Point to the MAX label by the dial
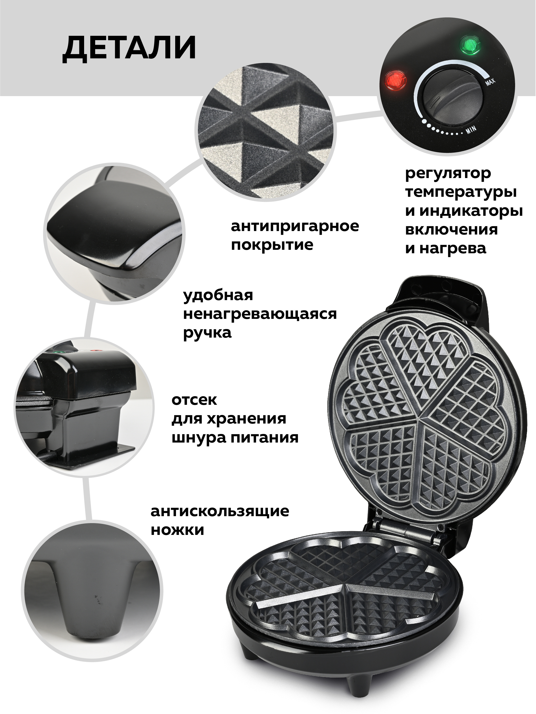[490, 82]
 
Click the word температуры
[461, 192]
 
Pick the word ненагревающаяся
[260, 314]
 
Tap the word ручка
[207, 333]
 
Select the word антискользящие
[220, 512]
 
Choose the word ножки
[177, 530]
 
